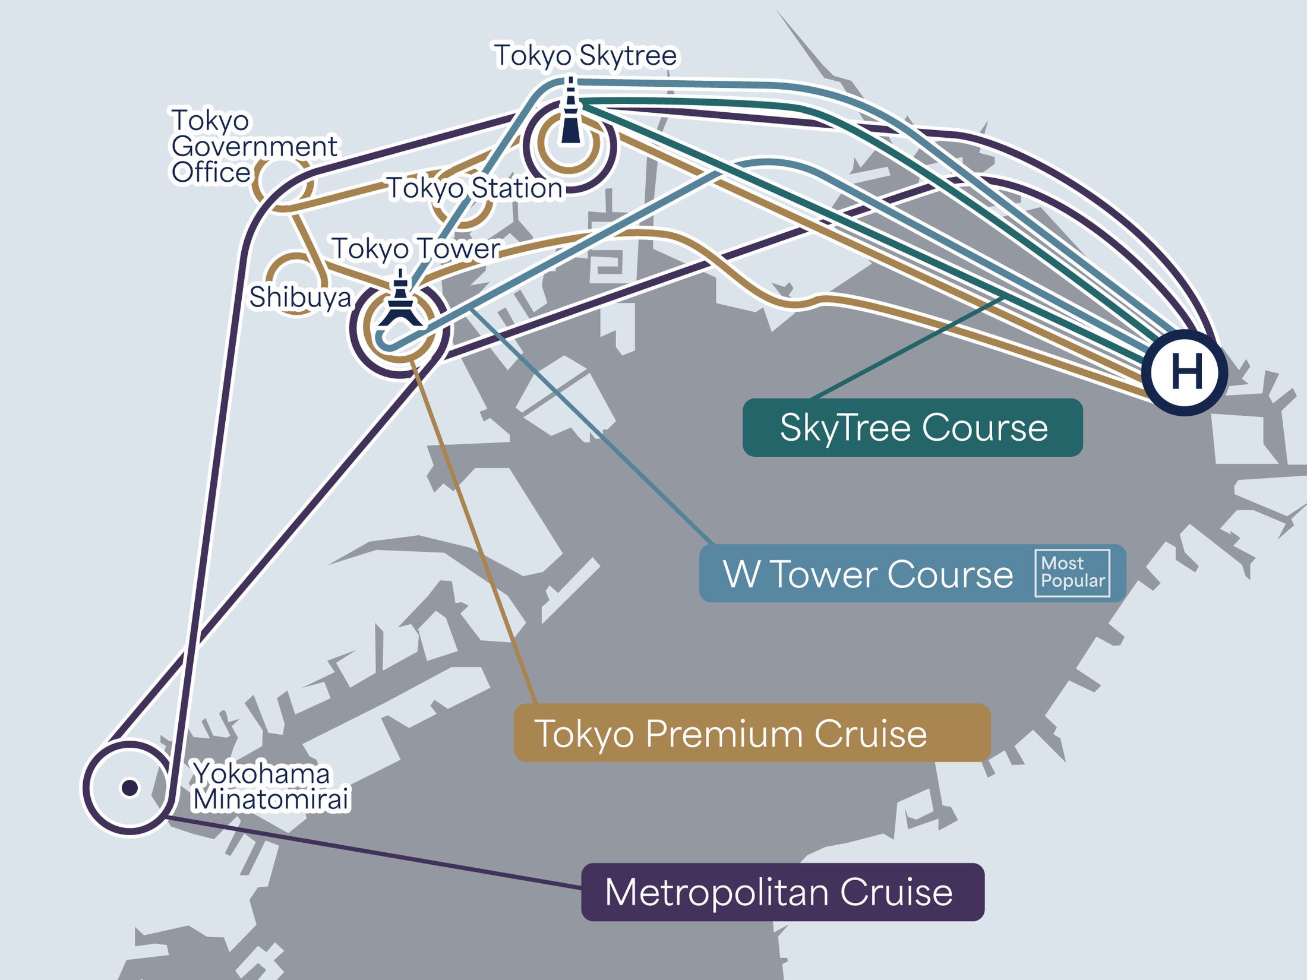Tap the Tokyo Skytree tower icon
tap(571, 110)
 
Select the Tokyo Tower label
tap(416, 249)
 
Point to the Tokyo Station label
tap(475, 188)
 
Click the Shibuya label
tap(300, 298)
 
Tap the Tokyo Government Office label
tap(254, 146)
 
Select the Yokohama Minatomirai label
tap(271, 786)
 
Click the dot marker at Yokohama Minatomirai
tap(130, 788)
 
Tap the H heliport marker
tap(1185, 372)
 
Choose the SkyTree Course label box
tap(913, 428)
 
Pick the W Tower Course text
tap(868, 574)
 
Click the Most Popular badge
tap(1072, 573)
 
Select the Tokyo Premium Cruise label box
tap(752, 733)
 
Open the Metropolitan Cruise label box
tap(782, 892)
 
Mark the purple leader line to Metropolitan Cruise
tap(373, 853)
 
